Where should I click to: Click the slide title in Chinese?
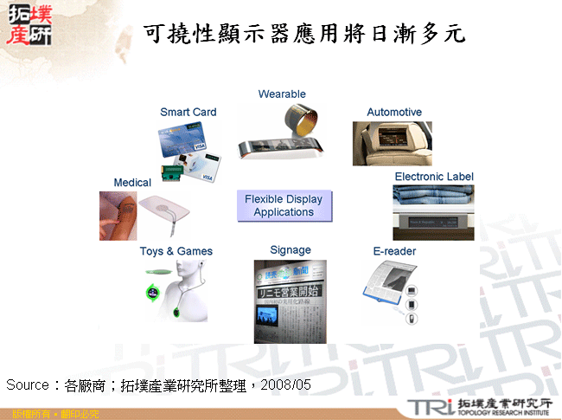click(304, 34)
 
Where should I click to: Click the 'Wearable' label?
click(282, 94)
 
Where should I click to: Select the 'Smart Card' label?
click(188, 112)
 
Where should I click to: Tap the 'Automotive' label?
click(394, 113)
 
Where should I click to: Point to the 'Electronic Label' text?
click(434, 177)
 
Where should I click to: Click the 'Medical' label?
click(132, 183)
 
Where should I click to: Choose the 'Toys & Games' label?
click(176, 251)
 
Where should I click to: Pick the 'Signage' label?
click(290, 250)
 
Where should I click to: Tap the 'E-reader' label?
click(394, 251)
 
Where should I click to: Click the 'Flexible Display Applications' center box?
click(284, 206)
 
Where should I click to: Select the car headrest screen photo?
click(392, 143)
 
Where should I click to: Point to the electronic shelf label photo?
click(433, 212)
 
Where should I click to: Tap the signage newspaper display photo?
click(290, 301)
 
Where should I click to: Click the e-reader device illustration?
click(389, 290)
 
